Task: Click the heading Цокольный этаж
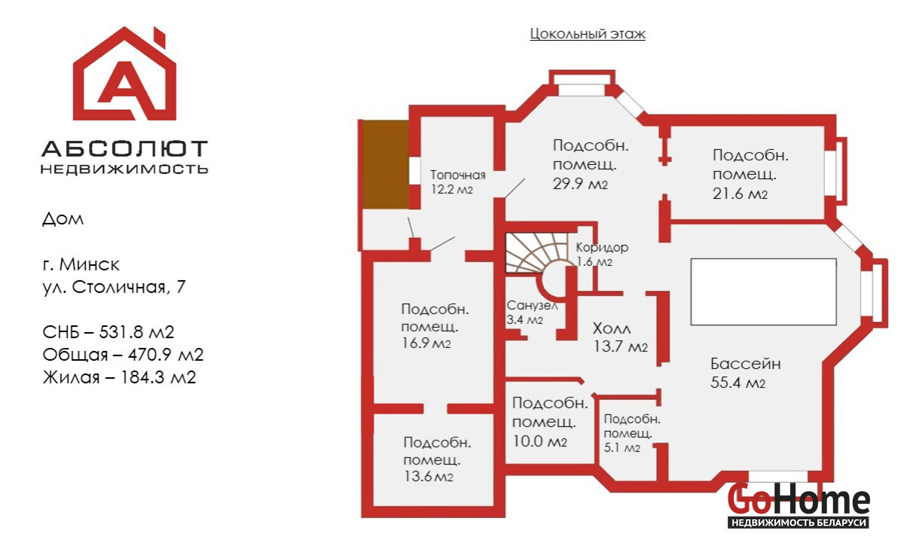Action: [x=588, y=34]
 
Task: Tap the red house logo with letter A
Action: [x=124, y=75]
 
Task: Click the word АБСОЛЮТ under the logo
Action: [x=124, y=148]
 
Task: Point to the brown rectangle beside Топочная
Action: [x=386, y=165]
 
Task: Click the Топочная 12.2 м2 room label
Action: [x=458, y=182]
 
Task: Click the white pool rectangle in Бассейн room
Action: [x=763, y=291]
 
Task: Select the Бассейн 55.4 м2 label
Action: [x=745, y=373]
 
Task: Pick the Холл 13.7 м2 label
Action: [x=620, y=338]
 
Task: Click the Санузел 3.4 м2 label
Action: [x=532, y=313]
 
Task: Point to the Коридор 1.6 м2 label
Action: [x=601, y=255]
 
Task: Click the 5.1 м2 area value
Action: [x=622, y=448]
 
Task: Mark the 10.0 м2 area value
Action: [x=539, y=441]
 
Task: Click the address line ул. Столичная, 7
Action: [x=113, y=287]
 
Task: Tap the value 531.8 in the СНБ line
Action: [x=125, y=332]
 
